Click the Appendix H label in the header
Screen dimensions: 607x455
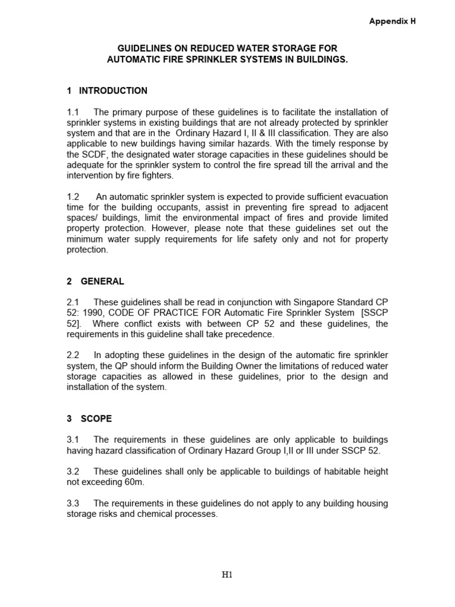coord(392,21)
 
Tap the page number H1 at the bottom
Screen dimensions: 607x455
coord(227,574)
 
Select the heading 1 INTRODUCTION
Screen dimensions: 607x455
coord(107,91)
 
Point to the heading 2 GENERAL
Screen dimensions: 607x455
coord(95,282)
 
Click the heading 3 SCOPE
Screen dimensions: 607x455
coord(89,418)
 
